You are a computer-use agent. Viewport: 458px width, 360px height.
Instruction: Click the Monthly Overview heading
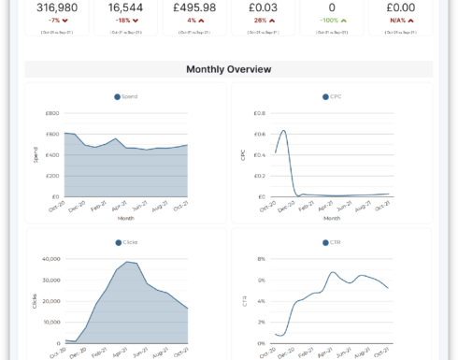(x=229, y=69)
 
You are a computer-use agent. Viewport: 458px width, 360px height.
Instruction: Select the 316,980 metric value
(x=58, y=7)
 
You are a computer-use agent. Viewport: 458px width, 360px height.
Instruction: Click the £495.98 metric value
(x=194, y=7)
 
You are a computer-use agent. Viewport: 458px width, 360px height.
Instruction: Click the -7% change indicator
(x=58, y=20)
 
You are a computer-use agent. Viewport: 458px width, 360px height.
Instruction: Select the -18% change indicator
(x=125, y=20)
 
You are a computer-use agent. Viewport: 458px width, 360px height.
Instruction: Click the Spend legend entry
(x=125, y=96)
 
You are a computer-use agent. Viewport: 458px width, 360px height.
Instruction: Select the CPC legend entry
(x=332, y=96)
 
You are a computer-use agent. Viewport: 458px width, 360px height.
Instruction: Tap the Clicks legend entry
(x=125, y=242)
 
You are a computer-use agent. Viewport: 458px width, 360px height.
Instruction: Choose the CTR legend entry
(x=332, y=242)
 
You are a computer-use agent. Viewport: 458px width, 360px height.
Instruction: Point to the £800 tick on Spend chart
(x=52, y=113)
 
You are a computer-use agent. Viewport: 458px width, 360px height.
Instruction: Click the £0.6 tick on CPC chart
(x=259, y=134)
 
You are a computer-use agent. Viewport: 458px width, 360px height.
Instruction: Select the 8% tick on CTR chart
(x=261, y=259)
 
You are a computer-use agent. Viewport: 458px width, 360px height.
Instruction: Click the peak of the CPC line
(x=283, y=131)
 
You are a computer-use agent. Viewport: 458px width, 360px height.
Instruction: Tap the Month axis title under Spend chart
(x=125, y=218)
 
